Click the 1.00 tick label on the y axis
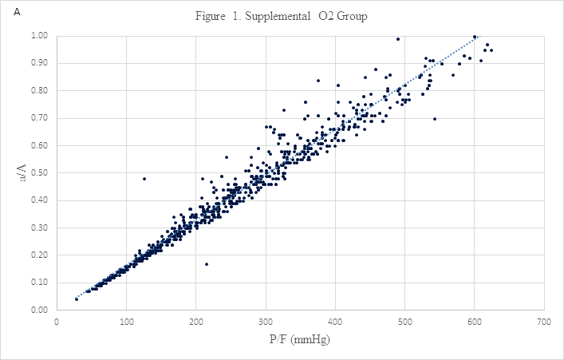click(38, 36)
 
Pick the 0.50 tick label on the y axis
click(38, 172)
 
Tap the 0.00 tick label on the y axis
click(38, 310)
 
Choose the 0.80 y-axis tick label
click(38, 90)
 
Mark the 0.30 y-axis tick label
click(38, 227)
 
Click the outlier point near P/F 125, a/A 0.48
click(144, 179)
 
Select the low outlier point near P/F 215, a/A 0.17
click(207, 264)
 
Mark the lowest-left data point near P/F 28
click(77, 299)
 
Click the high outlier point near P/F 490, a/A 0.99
click(398, 39)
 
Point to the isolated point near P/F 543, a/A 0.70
click(435, 119)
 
